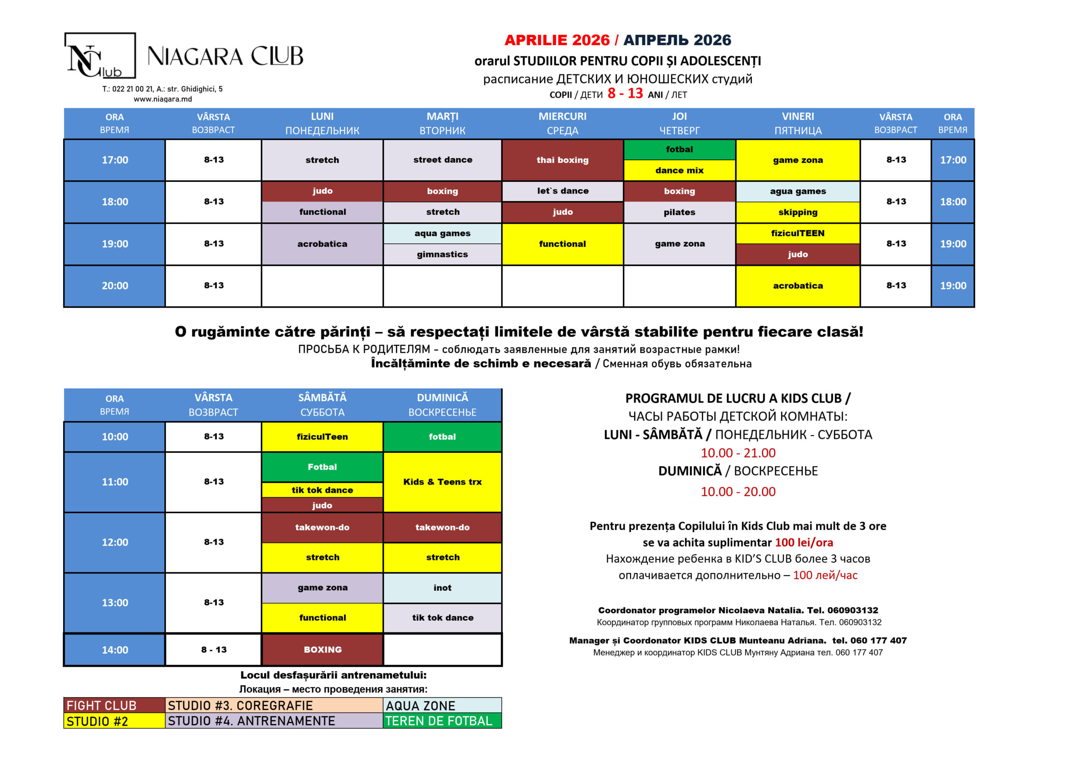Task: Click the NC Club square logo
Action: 100,56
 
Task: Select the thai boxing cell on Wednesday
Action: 563,160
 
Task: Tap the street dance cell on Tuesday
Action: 442,160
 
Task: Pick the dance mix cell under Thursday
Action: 679,171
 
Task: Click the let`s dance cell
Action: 563,191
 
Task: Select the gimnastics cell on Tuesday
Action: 442,255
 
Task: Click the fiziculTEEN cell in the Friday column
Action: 797,234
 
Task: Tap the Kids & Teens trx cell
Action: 442,482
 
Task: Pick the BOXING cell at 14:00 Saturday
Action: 323,650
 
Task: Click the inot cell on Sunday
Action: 442,588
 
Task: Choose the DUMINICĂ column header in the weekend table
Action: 442,405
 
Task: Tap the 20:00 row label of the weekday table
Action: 115,286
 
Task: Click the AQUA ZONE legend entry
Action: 442,705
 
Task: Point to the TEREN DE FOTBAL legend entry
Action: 442,721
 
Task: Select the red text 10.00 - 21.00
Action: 738,453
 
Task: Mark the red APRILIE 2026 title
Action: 556,40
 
